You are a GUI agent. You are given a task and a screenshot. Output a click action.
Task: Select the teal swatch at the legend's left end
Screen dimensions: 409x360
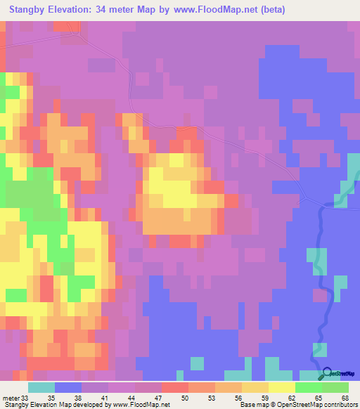click(x=41, y=387)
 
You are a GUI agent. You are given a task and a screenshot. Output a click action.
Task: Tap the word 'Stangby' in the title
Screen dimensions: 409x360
click(x=29, y=10)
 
